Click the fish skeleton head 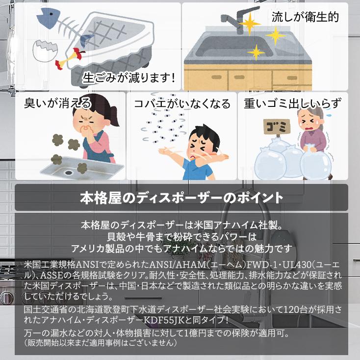[x=47, y=17]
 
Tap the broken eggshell [x=45, y=51]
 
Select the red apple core [x=69, y=57]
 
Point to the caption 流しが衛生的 [x=305, y=17]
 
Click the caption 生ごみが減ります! [x=129, y=77]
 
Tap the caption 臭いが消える [x=57, y=103]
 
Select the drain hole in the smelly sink [x=68, y=172]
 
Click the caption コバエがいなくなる [x=182, y=103]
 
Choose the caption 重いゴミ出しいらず [x=293, y=103]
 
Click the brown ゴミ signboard [x=277, y=127]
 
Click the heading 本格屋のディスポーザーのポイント [x=181, y=198]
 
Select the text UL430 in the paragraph [x=297, y=265]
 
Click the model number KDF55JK [x=164, y=320]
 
